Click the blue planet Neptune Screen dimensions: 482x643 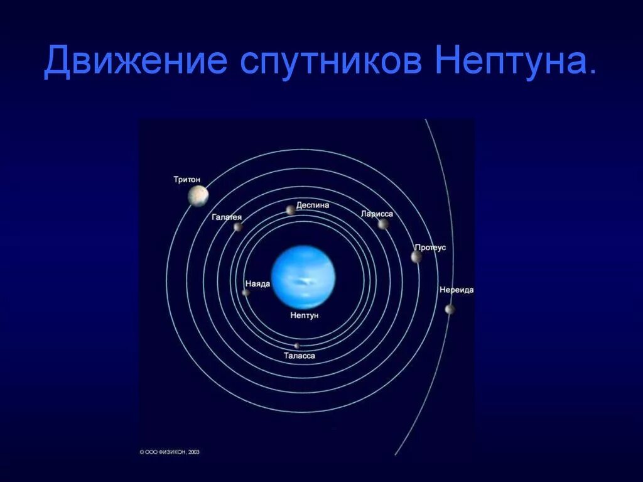click(304, 277)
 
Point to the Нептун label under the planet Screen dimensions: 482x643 click(305, 315)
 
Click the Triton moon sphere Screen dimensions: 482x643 click(198, 195)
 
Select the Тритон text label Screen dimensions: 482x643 click(186, 180)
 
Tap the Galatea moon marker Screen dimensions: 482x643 click(238, 227)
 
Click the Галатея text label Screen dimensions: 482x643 click(227, 217)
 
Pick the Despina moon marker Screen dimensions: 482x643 click(290, 210)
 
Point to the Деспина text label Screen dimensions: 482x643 click(312, 205)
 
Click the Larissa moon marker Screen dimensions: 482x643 click(383, 224)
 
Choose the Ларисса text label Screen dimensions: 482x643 click(377, 214)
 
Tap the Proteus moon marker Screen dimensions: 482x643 click(416, 256)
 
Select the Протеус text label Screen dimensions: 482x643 click(430, 248)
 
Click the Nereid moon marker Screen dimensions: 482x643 click(450, 309)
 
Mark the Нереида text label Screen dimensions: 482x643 click(457, 290)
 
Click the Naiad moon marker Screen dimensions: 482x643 click(246, 292)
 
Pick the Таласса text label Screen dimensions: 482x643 click(299, 356)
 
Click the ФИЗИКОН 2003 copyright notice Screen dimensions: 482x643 click(170, 451)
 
